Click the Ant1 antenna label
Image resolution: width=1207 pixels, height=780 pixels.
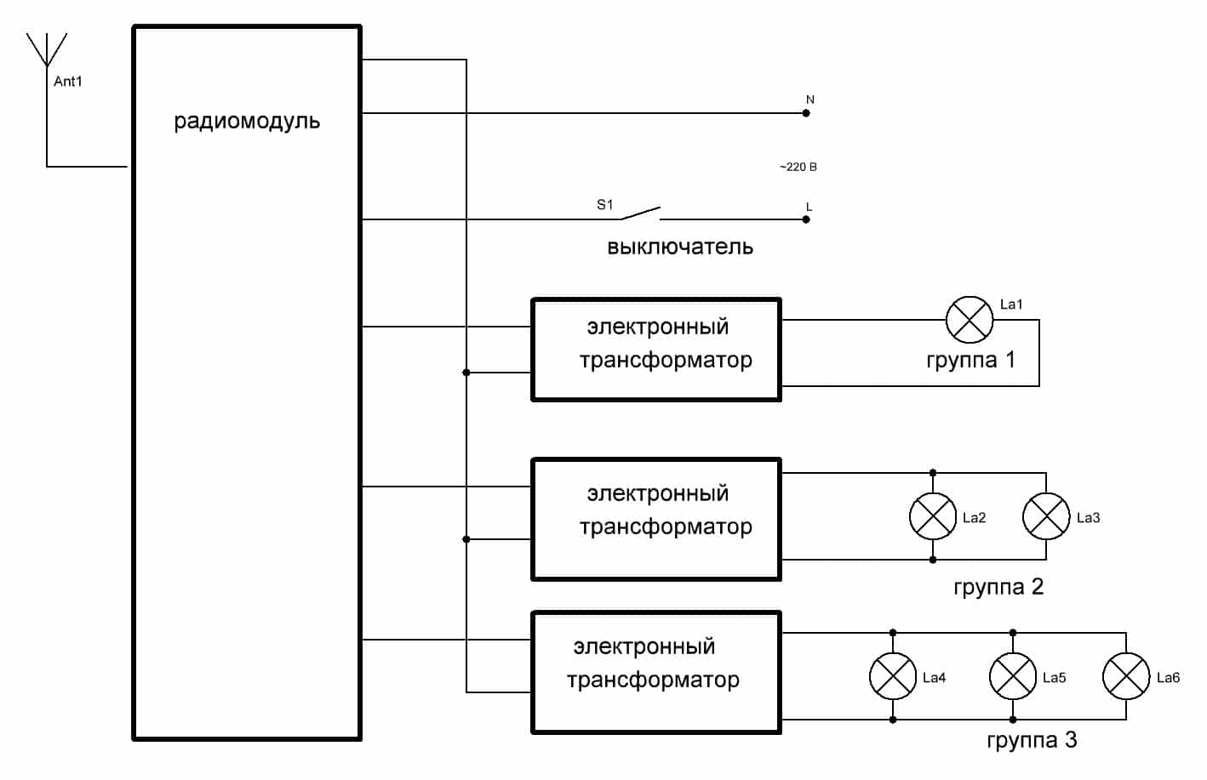pos(68,82)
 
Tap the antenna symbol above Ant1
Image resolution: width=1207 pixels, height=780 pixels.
pos(46,50)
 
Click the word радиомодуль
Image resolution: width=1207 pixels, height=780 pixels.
pos(247,121)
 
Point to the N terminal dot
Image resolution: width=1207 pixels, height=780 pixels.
pos(807,113)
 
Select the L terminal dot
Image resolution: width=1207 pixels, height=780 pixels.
pos(807,219)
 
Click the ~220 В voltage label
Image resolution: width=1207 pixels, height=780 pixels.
pos(798,167)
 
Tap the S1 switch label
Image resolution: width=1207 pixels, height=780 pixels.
pos(604,204)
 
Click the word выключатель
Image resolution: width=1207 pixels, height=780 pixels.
pos(679,248)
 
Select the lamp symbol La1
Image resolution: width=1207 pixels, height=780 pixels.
pos(970,320)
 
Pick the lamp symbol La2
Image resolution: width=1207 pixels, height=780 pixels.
pos(933,516)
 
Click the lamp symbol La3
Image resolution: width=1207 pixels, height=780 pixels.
pos(1046,516)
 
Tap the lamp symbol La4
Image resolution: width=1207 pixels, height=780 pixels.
pos(893,676)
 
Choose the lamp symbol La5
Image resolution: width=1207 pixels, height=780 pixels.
pos(1013,676)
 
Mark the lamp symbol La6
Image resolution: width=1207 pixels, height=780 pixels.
pos(1126,676)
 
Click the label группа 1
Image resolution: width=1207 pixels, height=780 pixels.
pos(970,360)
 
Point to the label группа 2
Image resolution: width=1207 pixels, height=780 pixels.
pos(998,587)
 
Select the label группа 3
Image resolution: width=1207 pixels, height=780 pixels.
pos(1032,740)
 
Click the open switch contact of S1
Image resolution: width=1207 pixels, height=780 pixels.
pos(640,213)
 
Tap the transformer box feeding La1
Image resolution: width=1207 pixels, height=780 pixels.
pos(656,350)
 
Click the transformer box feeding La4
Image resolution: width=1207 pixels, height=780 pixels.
pos(656,672)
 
